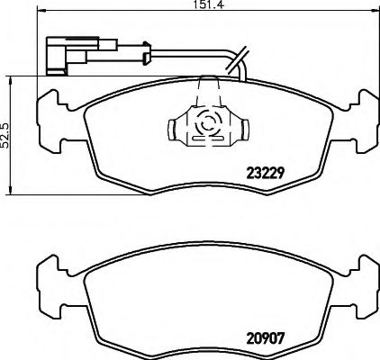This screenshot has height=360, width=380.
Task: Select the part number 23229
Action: coord(266,173)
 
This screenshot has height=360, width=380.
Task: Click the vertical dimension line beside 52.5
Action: coord(17,135)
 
